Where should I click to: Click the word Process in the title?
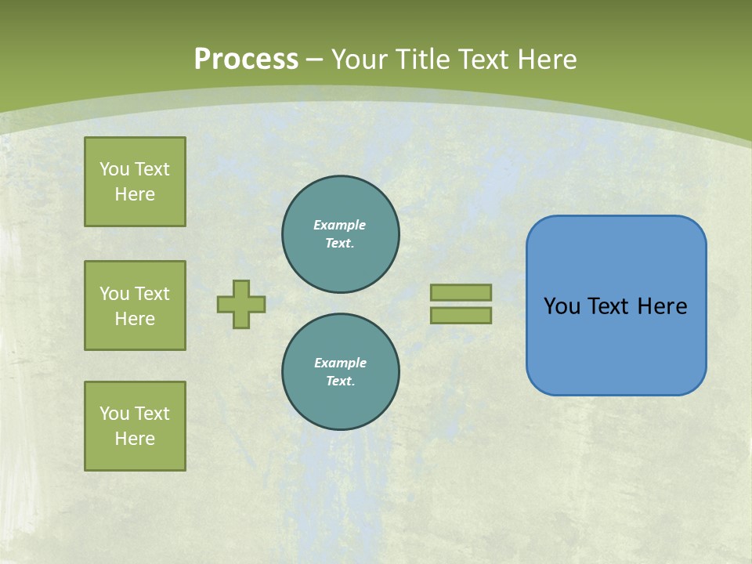click(x=246, y=59)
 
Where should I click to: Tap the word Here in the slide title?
click(x=547, y=60)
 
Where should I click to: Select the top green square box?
click(x=135, y=182)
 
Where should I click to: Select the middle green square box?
click(x=135, y=305)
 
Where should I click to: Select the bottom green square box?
click(x=135, y=426)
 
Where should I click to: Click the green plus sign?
click(x=241, y=304)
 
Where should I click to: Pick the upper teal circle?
click(x=341, y=234)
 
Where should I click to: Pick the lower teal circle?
click(x=341, y=372)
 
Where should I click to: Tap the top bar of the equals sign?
click(x=461, y=292)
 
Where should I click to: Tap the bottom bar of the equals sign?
click(x=461, y=316)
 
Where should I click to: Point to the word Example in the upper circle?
click(x=340, y=225)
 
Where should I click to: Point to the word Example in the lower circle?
click(x=340, y=363)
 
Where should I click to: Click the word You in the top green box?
click(x=114, y=169)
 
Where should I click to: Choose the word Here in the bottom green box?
click(x=135, y=439)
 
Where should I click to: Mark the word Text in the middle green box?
click(x=152, y=294)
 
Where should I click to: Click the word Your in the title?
click(x=358, y=60)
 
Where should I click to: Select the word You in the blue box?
click(x=562, y=306)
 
